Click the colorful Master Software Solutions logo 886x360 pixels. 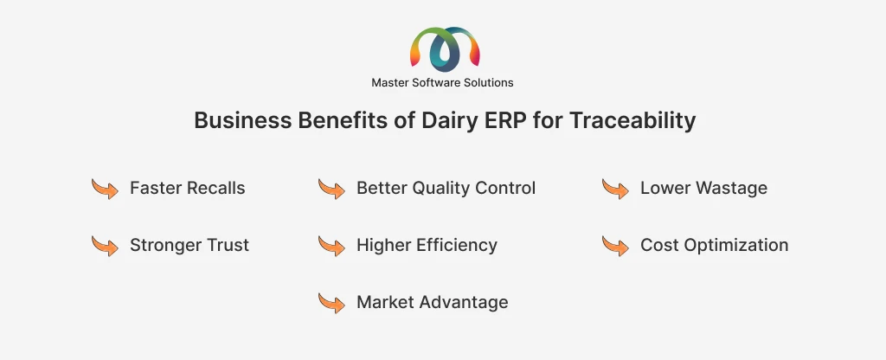pos(445,49)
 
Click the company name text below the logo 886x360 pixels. pos(442,82)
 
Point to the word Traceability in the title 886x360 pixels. pos(632,120)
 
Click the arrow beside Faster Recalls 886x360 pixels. pos(105,189)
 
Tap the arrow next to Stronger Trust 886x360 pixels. pos(105,246)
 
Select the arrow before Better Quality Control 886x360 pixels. pos(331,189)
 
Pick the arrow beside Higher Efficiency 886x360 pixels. pos(331,246)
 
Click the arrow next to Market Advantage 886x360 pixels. pos(331,303)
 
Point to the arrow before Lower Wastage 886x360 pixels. pos(615,189)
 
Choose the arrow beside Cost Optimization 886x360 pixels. pos(615,246)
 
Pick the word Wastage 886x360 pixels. pos(732,188)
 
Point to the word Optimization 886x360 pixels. pos(736,245)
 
